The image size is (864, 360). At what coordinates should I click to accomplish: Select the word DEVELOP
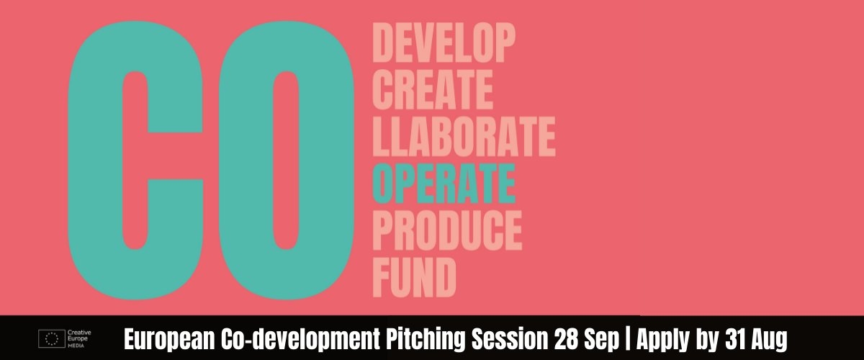tap(444, 42)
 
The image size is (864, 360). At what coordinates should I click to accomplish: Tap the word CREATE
tap(433, 90)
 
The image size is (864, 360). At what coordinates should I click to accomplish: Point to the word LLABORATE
tap(464, 137)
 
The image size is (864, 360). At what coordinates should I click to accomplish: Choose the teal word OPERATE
tap(444, 184)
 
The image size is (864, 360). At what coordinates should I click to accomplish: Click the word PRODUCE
tap(447, 230)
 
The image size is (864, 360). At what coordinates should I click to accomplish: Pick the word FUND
tap(414, 277)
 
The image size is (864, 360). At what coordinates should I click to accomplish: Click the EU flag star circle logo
tap(52, 339)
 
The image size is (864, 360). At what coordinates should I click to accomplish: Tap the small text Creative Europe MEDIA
tap(79, 339)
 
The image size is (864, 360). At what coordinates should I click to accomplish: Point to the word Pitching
tap(426, 340)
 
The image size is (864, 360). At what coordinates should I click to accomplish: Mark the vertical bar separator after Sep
tap(628, 340)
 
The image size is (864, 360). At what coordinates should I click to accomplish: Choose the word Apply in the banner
tap(662, 340)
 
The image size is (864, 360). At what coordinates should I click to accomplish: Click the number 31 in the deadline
tap(736, 340)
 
